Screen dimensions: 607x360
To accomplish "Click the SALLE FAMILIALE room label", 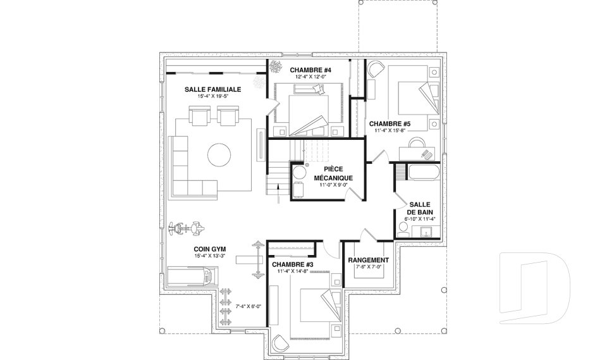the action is click(212, 89).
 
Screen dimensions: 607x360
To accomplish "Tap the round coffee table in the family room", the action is click(219, 154).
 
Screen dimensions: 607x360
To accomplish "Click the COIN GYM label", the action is click(210, 249).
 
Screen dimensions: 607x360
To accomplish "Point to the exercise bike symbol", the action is click(186, 228).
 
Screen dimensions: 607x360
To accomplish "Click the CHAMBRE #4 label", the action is click(310, 70).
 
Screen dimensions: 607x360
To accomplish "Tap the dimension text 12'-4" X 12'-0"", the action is click(310, 77).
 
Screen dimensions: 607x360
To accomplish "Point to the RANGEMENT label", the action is click(369, 260).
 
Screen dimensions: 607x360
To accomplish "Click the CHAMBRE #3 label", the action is click(292, 264).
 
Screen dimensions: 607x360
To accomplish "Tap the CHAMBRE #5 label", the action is click(389, 124).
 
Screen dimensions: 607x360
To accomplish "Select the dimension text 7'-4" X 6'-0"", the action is click(248, 306).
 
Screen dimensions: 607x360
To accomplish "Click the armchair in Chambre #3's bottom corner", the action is click(280, 342).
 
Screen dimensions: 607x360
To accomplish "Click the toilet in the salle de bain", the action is click(403, 230).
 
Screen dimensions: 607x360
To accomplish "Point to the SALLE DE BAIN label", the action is click(420, 208).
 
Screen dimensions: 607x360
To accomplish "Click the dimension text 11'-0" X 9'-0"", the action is click(333, 185).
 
